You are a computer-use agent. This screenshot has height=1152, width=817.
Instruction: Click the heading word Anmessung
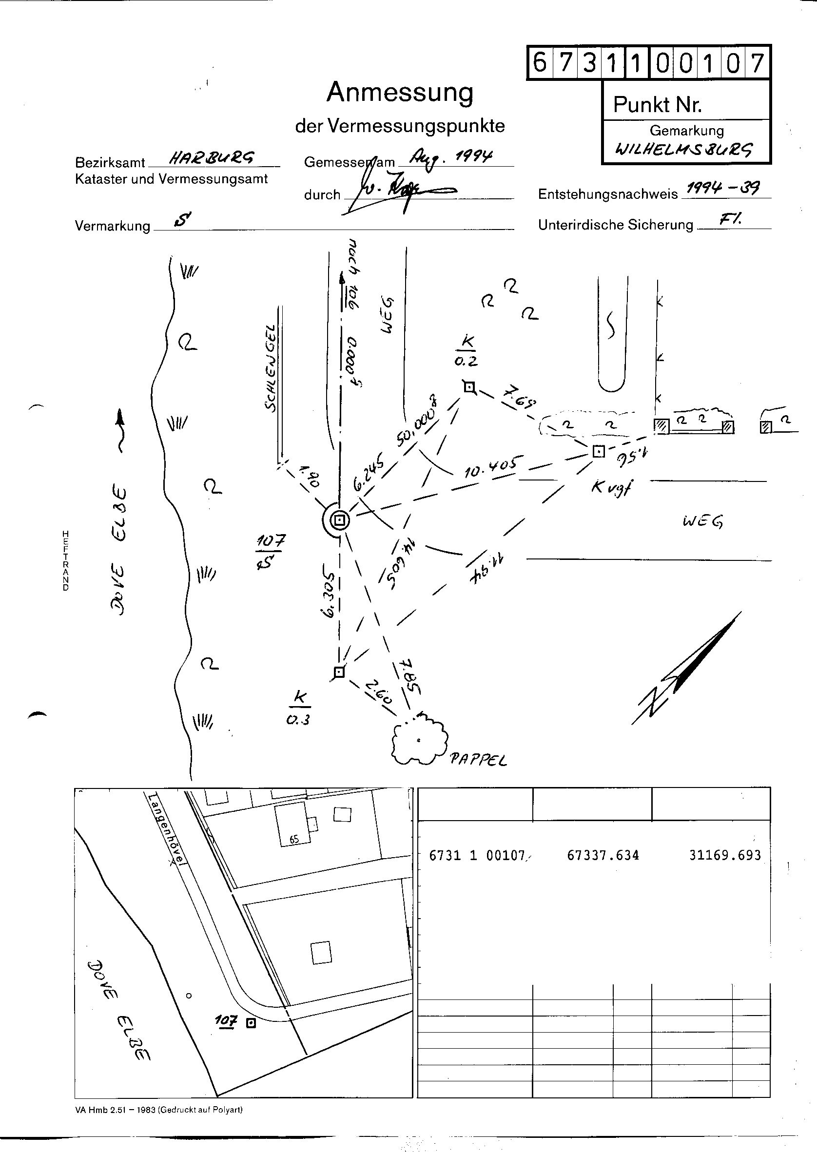[x=400, y=93]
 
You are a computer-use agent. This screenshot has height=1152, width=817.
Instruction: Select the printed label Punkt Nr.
[x=657, y=105]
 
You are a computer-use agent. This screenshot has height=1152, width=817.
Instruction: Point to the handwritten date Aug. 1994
[x=450, y=157]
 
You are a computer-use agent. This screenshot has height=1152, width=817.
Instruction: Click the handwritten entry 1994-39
[x=723, y=189]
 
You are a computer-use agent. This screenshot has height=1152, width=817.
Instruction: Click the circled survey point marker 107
[x=340, y=520]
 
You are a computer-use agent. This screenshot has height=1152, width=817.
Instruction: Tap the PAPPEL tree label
[x=478, y=759]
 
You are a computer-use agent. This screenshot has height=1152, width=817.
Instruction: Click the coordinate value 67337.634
[x=603, y=855]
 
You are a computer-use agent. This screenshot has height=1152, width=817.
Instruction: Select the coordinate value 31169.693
[x=725, y=855]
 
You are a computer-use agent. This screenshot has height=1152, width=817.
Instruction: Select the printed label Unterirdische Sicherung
[x=615, y=225]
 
